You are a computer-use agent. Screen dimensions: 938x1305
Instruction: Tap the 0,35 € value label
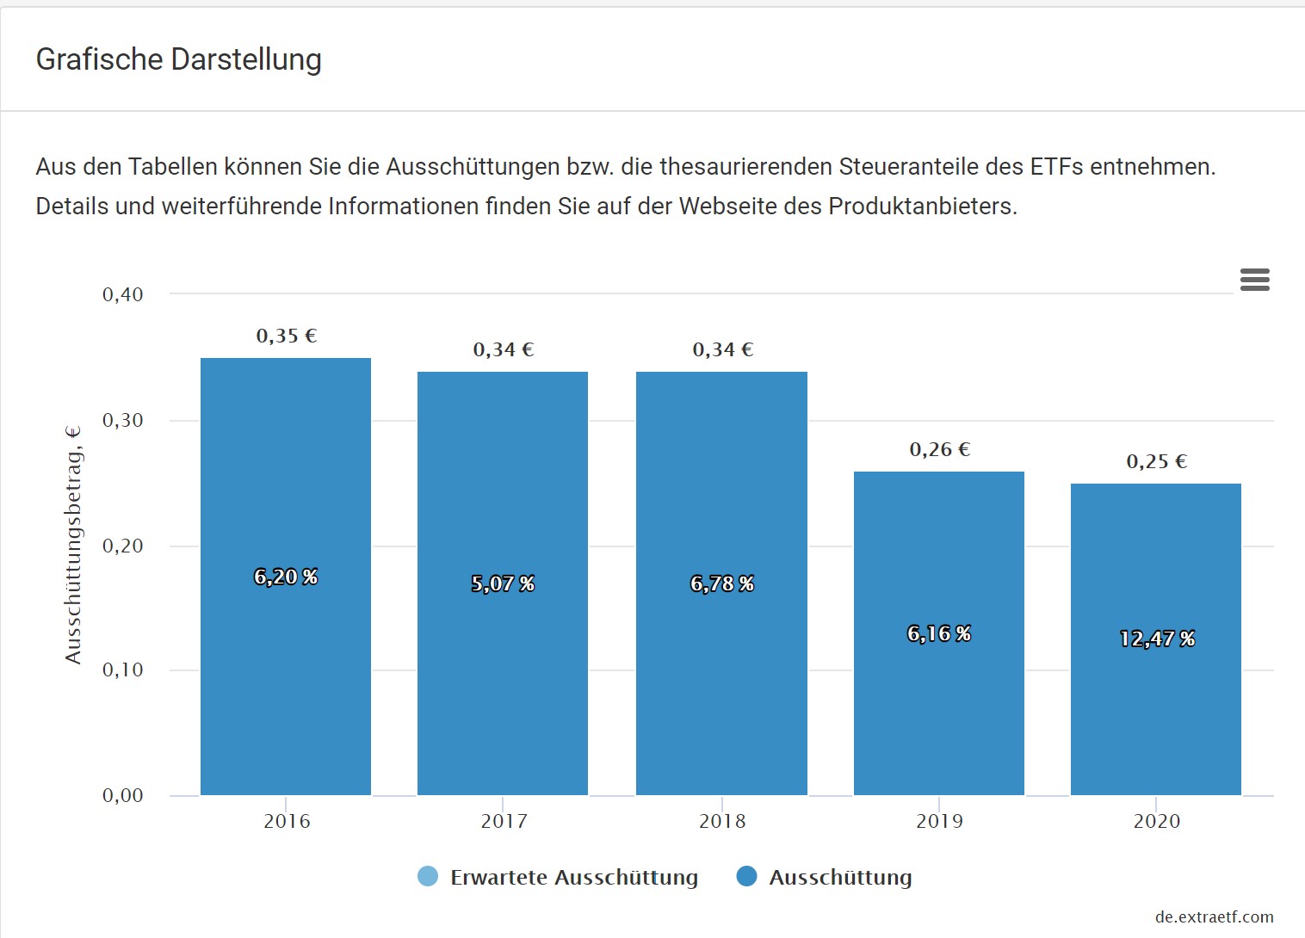pyautogui.click(x=287, y=336)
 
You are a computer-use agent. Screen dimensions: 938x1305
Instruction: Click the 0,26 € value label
pyautogui.click(x=940, y=450)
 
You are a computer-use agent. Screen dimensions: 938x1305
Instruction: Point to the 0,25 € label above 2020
pyautogui.click(x=1157, y=462)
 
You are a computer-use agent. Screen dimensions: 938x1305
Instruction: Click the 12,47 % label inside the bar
pyautogui.click(x=1157, y=639)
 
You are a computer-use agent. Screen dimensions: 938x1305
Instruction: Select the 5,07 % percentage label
pyautogui.click(x=503, y=584)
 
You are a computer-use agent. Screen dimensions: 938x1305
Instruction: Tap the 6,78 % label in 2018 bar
pyautogui.click(x=722, y=584)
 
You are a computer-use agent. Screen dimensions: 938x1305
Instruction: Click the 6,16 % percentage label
pyautogui.click(x=939, y=634)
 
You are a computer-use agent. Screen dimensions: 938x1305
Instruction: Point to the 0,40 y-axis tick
pyautogui.click(x=123, y=295)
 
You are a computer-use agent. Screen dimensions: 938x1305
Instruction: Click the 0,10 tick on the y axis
pyautogui.click(x=123, y=670)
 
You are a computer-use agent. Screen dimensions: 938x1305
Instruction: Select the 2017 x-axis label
pyautogui.click(x=504, y=822)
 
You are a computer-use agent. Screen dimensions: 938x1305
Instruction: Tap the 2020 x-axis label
pyautogui.click(x=1157, y=822)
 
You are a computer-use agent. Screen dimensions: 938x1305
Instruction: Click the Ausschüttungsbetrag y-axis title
pyautogui.click(x=74, y=544)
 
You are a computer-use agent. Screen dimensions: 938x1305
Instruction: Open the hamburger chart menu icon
pyautogui.click(x=1254, y=280)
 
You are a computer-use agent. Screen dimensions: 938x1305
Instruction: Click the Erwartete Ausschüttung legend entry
pyautogui.click(x=573, y=878)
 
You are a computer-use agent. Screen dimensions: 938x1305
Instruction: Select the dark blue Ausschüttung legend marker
pyautogui.click(x=746, y=877)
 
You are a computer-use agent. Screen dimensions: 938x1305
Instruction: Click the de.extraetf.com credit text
pyautogui.click(x=1214, y=917)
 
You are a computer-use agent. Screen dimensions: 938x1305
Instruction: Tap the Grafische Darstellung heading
pyautogui.click(x=179, y=59)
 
